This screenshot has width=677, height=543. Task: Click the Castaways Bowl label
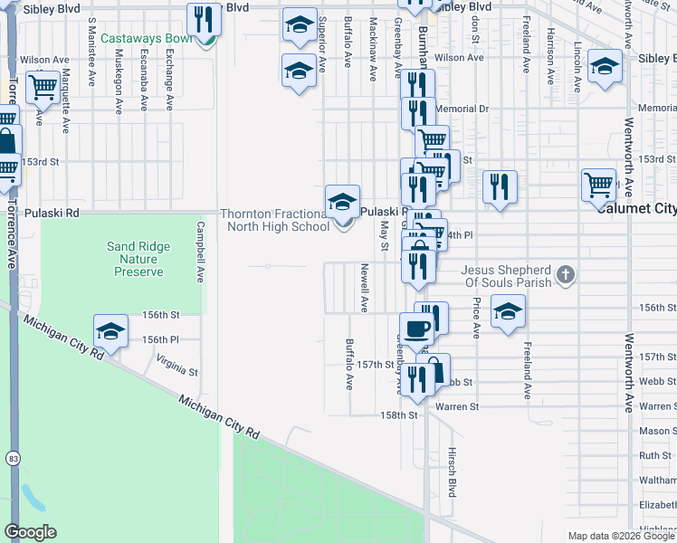[x=145, y=39]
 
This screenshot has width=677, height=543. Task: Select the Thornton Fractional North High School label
[x=275, y=220]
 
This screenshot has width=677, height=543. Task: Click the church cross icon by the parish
[x=565, y=273]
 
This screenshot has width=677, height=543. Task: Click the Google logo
[x=30, y=532]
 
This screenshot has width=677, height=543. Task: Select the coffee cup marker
[x=416, y=329]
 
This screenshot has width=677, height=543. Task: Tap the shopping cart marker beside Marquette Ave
[x=43, y=88]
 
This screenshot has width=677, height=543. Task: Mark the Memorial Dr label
[x=462, y=109]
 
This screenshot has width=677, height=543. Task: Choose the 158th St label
[x=398, y=415]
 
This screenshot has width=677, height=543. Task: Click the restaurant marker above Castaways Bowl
[x=204, y=18]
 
